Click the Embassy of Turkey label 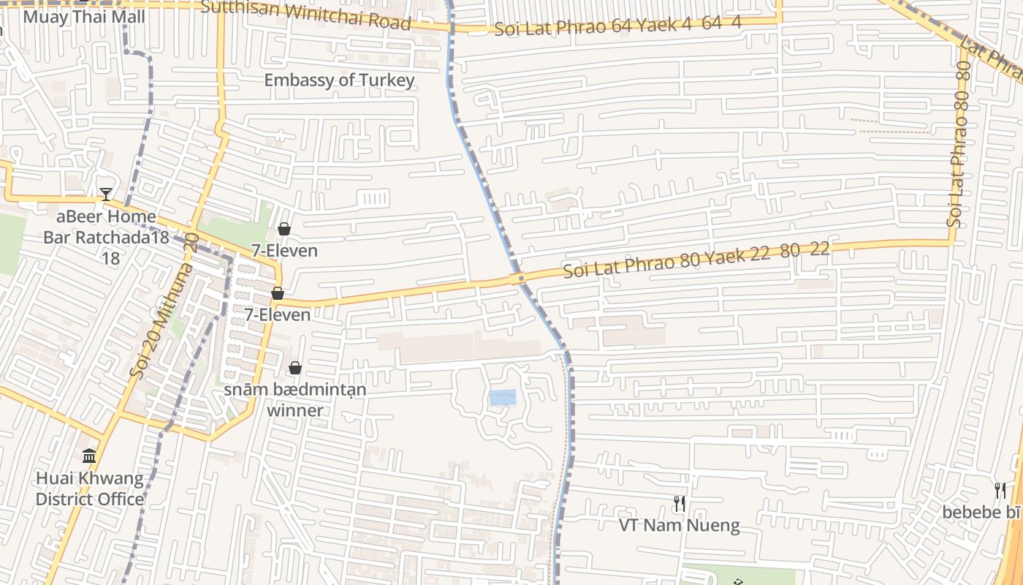[339, 80]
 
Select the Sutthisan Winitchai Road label [305, 14]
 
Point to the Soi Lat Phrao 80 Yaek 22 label [696, 260]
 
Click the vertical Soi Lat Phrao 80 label [959, 144]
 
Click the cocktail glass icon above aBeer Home [106, 195]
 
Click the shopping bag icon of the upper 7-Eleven [284, 230]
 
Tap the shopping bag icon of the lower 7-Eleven [278, 293]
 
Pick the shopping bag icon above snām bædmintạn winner [295, 368]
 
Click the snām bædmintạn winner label [294, 399]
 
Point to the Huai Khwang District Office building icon [89, 457]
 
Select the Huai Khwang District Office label [90, 489]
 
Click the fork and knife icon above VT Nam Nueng [680, 503]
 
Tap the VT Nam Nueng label [680, 525]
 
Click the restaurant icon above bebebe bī [1000, 491]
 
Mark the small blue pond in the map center [503, 398]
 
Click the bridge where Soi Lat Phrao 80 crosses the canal [517, 279]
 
